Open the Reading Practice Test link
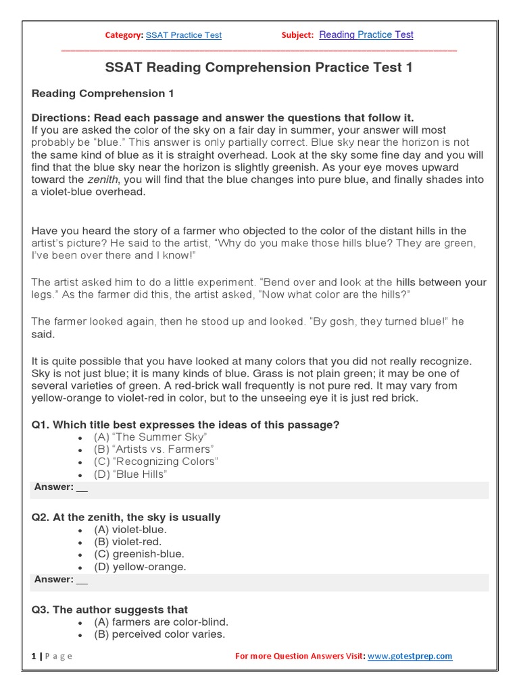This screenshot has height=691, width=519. (366, 34)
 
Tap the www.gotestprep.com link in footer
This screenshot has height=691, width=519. (410, 656)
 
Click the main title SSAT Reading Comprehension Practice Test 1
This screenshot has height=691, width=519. (259, 67)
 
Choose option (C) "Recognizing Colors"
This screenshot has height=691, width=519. (156, 462)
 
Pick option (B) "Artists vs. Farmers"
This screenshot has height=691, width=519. (153, 449)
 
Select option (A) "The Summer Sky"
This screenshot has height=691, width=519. (150, 437)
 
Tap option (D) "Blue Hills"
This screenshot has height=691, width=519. (130, 474)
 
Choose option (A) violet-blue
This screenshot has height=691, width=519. (130, 530)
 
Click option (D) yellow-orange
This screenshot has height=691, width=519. (140, 567)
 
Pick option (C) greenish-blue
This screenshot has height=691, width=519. (139, 554)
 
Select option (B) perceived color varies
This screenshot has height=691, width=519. (159, 634)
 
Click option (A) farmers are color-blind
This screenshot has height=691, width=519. (161, 622)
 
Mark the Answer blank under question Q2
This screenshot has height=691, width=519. (82, 580)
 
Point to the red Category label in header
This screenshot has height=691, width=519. (124, 35)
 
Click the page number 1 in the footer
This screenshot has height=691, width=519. (34, 656)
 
